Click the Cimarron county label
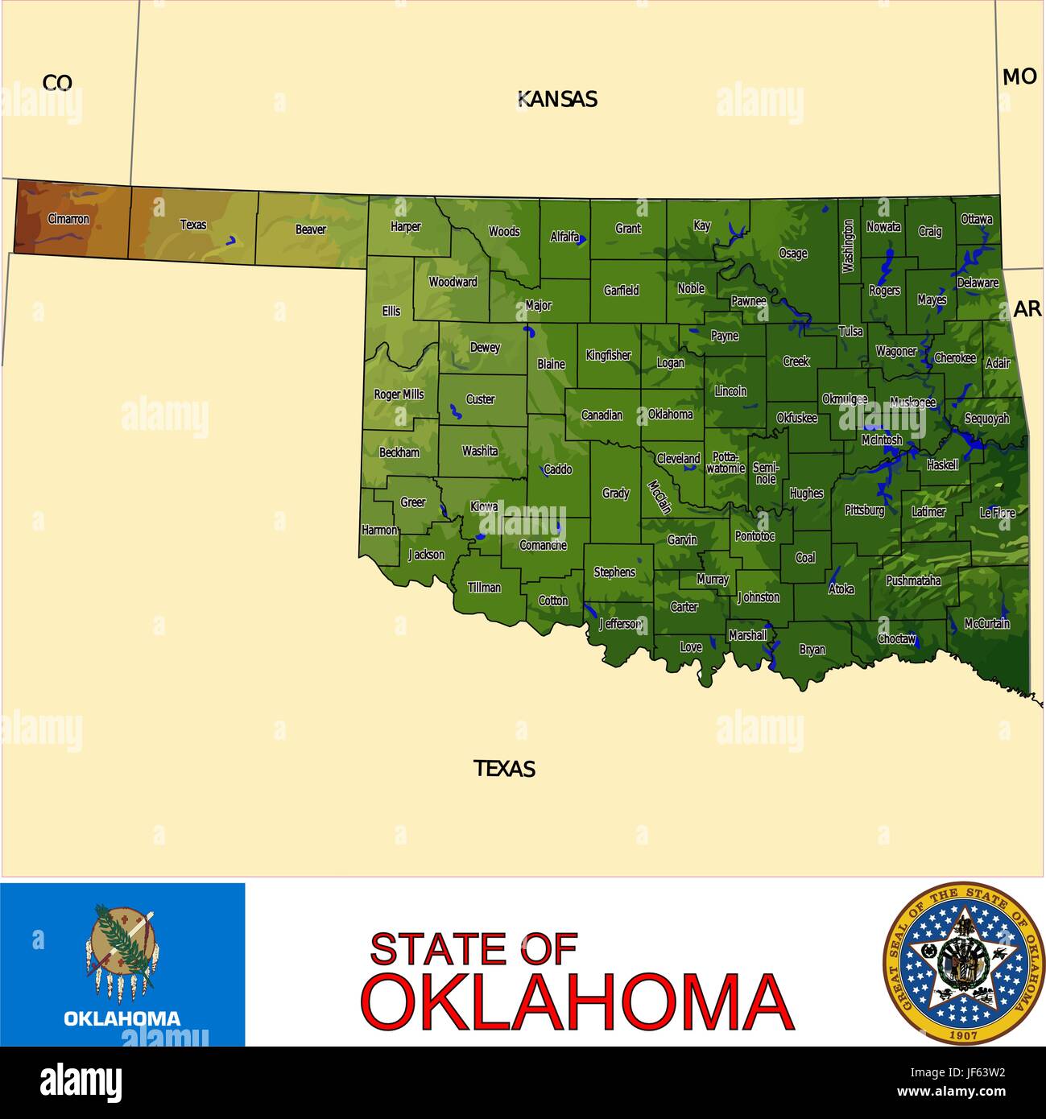68,219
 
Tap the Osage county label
792,254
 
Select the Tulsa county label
850,332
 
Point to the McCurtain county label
987,624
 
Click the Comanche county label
543,546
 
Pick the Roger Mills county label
399,394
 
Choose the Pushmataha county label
913,580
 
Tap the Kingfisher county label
608,355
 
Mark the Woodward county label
453,283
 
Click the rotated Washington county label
848,247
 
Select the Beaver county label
311,229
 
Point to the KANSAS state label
557,99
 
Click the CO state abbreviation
57,82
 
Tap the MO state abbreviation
1019,76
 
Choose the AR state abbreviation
1027,308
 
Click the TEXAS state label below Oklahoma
505,769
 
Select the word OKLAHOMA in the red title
577,1002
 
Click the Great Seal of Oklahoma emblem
963,963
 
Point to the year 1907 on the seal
963,1034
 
